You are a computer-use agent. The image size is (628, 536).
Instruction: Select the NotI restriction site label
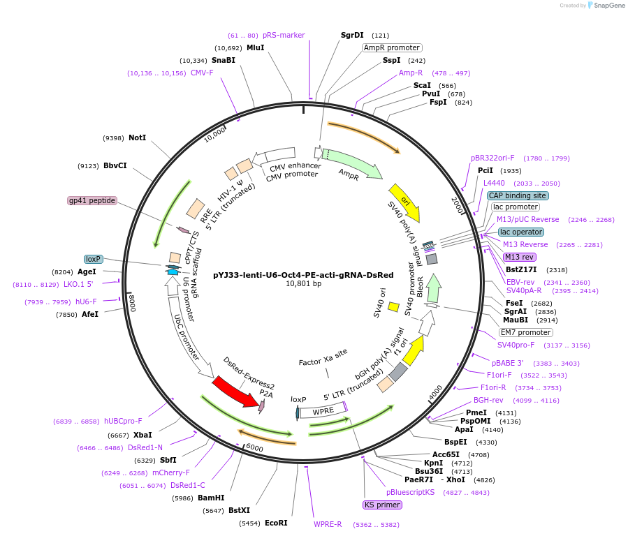138,138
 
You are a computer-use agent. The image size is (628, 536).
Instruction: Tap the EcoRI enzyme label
276,523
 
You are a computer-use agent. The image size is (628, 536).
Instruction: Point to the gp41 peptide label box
92,201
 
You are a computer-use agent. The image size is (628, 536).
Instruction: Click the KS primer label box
382,505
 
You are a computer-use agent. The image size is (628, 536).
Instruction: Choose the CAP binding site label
518,196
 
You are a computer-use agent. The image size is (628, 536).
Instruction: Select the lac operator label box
521,232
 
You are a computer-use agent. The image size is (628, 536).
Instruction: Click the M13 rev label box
519,257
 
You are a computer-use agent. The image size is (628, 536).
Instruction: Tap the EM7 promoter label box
525,332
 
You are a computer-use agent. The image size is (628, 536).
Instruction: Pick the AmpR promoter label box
392,48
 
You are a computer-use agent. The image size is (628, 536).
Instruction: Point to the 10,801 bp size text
303,284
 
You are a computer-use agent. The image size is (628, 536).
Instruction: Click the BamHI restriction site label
211,498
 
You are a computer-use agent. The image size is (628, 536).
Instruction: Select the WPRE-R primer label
328,524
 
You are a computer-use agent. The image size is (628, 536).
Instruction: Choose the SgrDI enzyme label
352,35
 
